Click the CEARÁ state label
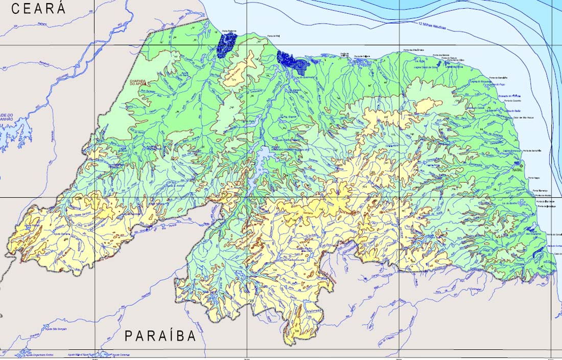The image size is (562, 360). tap(39, 9)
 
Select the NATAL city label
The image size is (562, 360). tap(518, 168)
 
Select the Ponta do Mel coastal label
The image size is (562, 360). tap(274, 36)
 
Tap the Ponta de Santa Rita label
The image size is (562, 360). tap(526, 151)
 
